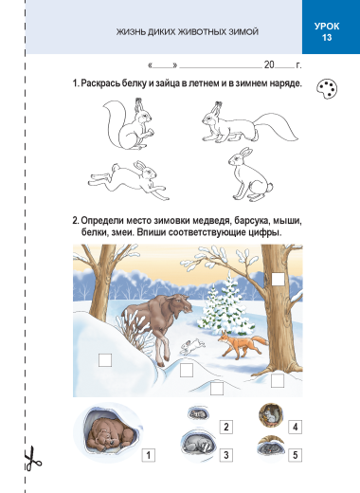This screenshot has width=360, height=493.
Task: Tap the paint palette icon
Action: (327, 89)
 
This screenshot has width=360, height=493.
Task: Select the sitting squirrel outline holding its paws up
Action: (129, 124)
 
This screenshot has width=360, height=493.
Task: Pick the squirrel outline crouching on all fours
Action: (250, 123)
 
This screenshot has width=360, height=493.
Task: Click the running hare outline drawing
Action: (129, 180)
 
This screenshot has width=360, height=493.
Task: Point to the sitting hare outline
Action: (250, 174)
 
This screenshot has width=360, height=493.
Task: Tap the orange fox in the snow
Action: (243, 344)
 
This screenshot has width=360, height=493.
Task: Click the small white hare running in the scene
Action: (191, 346)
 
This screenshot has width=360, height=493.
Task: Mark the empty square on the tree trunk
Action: (278, 280)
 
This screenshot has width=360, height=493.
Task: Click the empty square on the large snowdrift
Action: (105, 360)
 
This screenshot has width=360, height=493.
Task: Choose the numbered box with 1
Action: (149, 455)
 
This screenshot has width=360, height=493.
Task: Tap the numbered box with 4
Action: (295, 427)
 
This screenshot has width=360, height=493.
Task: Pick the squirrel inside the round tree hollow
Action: (271, 415)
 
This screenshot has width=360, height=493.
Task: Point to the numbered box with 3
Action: (226, 455)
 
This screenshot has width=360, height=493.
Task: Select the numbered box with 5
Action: (295, 455)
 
